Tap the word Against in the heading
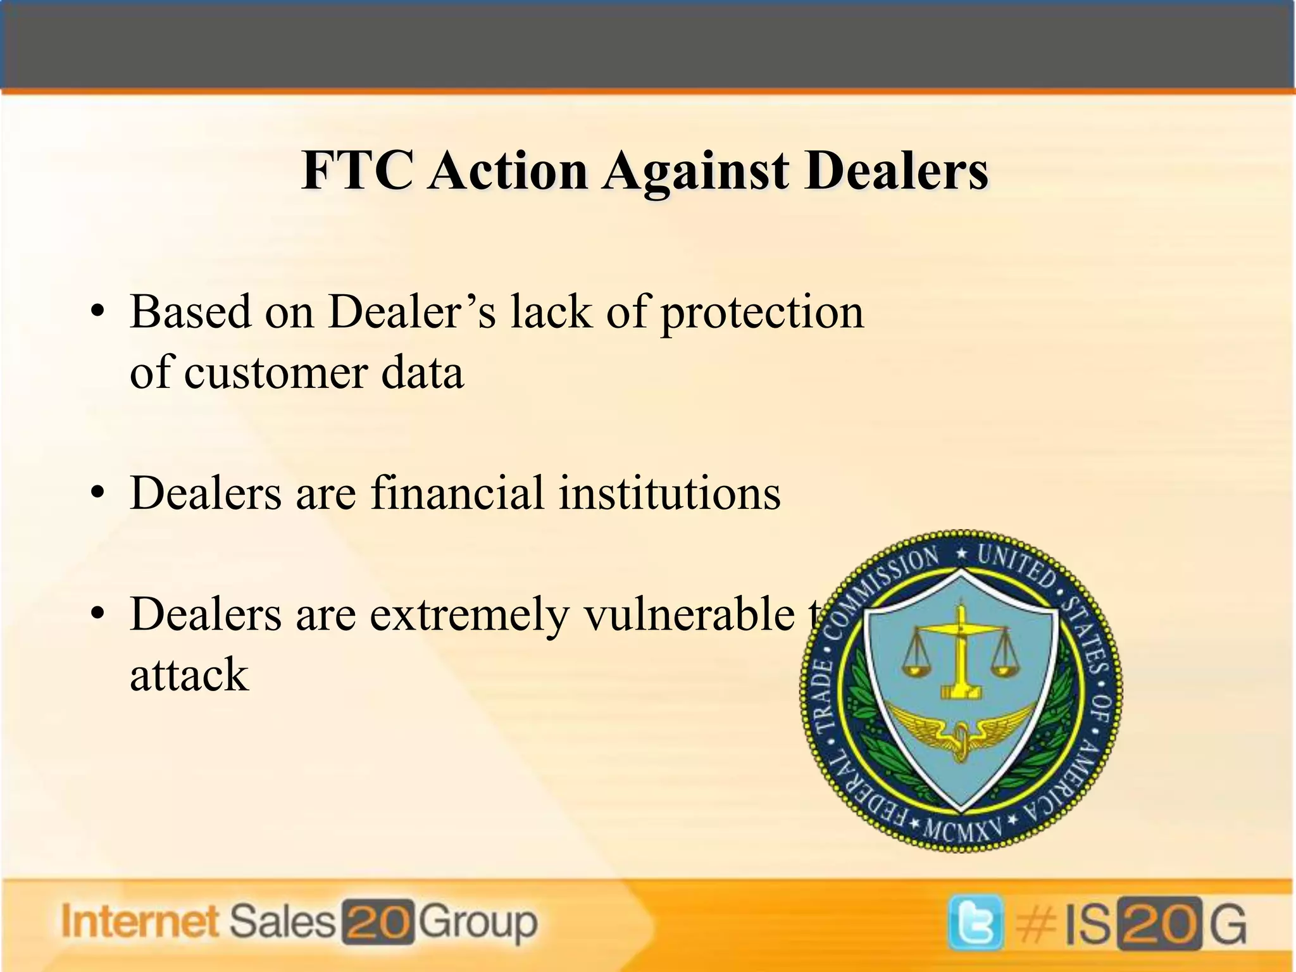[696, 172]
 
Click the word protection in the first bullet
[762, 314]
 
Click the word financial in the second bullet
[457, 493]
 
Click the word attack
[189, 675]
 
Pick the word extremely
[469, 616]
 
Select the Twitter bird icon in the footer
[976, 922]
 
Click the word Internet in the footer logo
[140, 921]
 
